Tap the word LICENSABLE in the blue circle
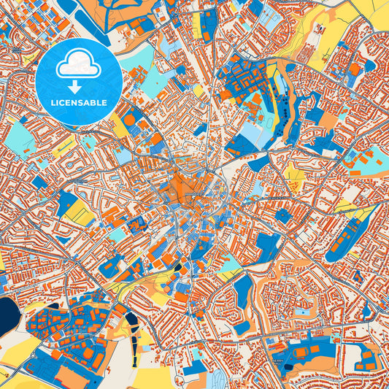[x=78, y=101]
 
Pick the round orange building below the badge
[x=129, y=118]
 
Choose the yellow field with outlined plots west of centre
[x=78, y=214]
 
